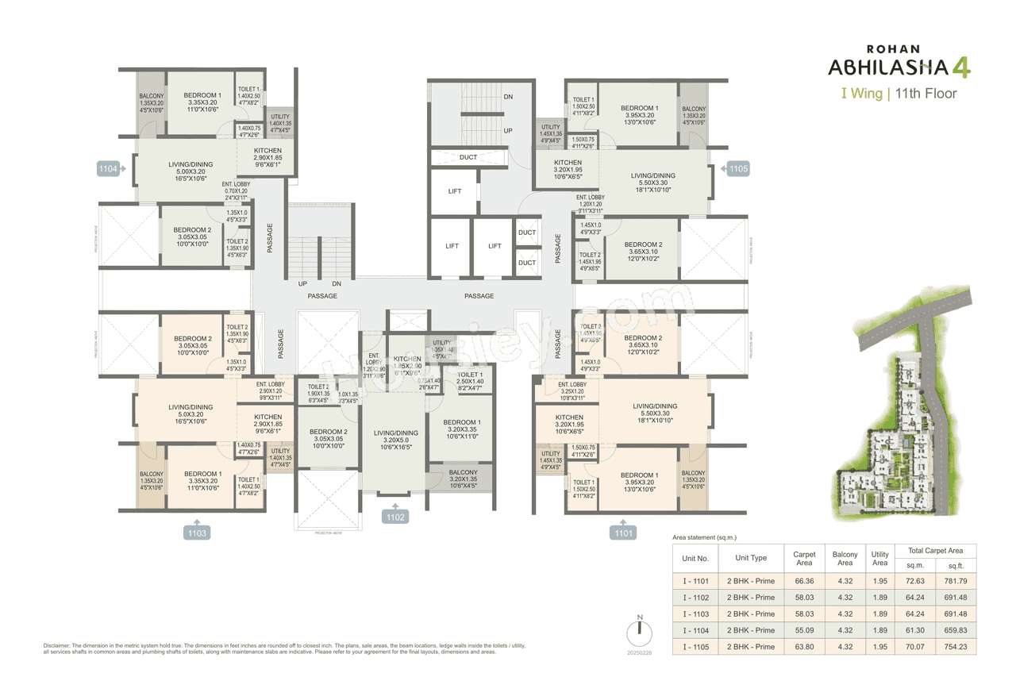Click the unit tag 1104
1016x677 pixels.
[108, 169]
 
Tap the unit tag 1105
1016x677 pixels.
[738, 169]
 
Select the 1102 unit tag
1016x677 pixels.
[395, 517]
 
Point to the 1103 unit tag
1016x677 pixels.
[197, 533]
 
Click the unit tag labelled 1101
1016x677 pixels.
[624, 533]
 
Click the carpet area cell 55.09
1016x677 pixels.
[804, 630]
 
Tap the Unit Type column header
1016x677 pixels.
[751, 558]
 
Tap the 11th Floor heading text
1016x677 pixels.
[926, 94]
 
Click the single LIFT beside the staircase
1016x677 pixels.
[455, 191]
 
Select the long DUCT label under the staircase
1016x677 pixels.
[468, 157]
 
